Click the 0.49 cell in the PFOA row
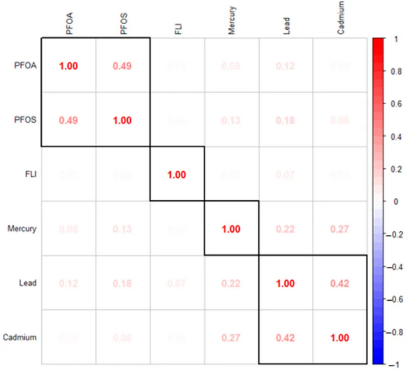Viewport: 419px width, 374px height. [x=122, y=65]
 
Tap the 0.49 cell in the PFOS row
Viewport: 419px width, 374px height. [x=68, y=120]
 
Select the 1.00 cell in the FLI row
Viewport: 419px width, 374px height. [x=177, y=174]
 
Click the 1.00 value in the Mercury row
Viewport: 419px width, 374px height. [x=231, y=229]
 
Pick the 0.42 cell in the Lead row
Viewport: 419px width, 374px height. [x=340, y=283]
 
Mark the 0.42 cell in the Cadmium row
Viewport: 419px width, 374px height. [x=286, y=338]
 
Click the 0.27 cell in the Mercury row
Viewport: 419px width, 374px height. [x=340, y=229]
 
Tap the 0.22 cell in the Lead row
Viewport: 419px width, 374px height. [x=231, y=283]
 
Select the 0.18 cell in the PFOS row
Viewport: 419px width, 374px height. [x=286, y=120]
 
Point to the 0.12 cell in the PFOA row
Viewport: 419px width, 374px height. [x=286, y=65]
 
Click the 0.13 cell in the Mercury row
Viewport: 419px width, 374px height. [x=122, y=229]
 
